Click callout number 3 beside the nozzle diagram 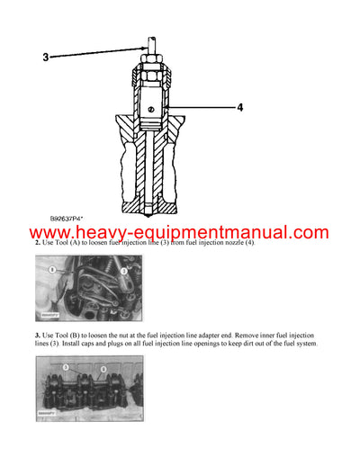46,58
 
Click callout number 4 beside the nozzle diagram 240,108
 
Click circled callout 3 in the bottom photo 65,368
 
